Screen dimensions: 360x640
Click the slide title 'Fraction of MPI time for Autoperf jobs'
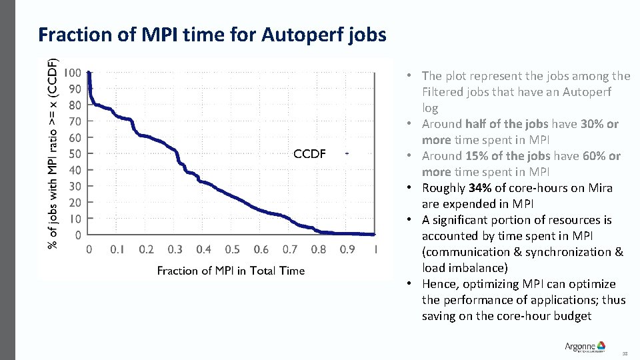coord(212,35)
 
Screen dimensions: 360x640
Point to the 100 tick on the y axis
coord(74,73)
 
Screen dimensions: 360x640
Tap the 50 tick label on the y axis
coord(75,154)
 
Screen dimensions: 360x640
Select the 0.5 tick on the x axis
coord(232,249)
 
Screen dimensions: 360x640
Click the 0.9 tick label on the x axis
coord(347,249)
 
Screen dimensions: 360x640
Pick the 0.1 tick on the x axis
coord(117,249)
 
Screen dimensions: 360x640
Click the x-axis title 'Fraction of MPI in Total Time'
coord(231,270)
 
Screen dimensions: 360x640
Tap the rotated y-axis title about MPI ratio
coord(53,152)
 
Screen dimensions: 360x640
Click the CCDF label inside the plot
coord(309,154)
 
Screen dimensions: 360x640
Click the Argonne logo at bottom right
coord(585,347)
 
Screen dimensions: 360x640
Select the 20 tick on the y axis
coord(75,203)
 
